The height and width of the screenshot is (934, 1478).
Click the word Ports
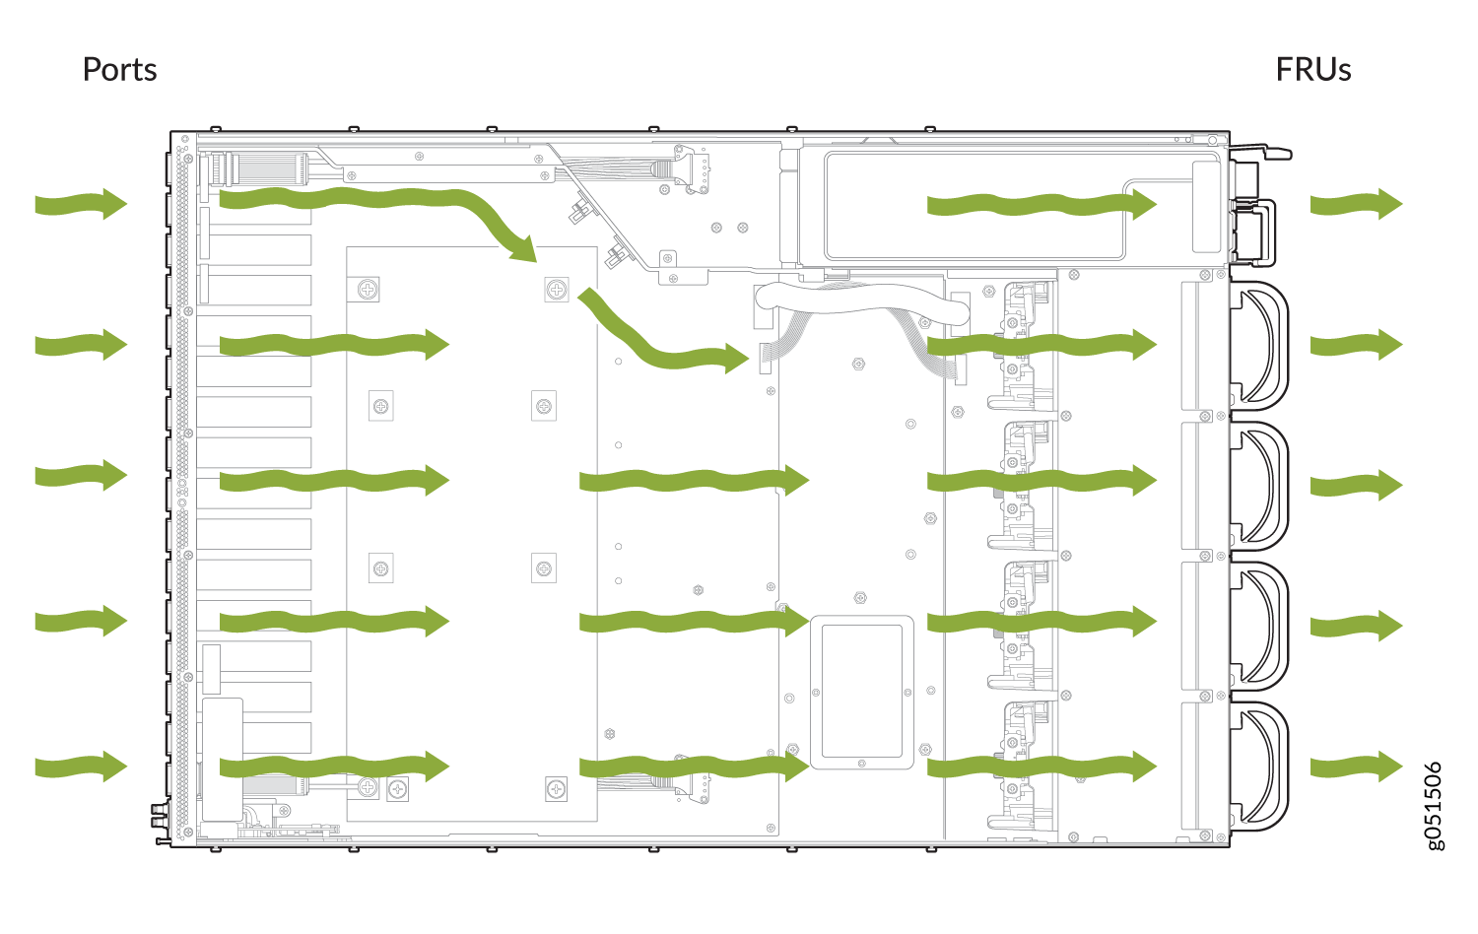tap(119, 70)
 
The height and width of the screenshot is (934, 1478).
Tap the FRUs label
tap(1312, 70)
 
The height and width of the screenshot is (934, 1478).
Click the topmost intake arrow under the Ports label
tap(81, 204)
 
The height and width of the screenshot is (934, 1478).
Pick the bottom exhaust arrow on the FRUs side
tap(1356, 766)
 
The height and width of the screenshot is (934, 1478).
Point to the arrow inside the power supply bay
tap(1041, 205)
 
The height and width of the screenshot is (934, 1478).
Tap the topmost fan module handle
tap(1261, 345)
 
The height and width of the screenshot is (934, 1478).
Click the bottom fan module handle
tap(1261, 766)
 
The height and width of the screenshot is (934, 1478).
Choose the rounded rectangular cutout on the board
tap(861, 694)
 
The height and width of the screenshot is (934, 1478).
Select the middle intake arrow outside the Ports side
tap(81, 476)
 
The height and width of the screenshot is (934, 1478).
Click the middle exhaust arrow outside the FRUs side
tap(1356, 485)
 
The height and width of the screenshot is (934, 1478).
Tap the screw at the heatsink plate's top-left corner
tap(368, 289)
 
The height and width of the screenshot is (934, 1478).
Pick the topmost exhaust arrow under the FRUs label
tap(1356, 204)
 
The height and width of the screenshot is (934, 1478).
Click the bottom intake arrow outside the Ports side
tap(81, 766)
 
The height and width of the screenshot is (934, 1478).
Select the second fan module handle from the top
tap(1261, 485)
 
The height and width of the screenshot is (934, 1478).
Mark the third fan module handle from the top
tap(1261, 625)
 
